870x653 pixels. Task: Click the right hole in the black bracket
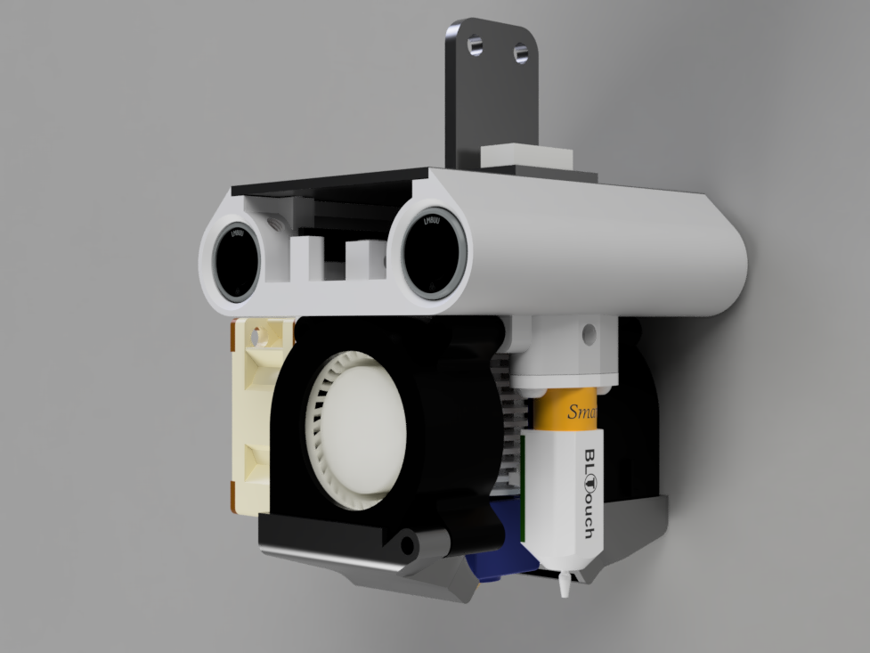click(519, 54)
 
